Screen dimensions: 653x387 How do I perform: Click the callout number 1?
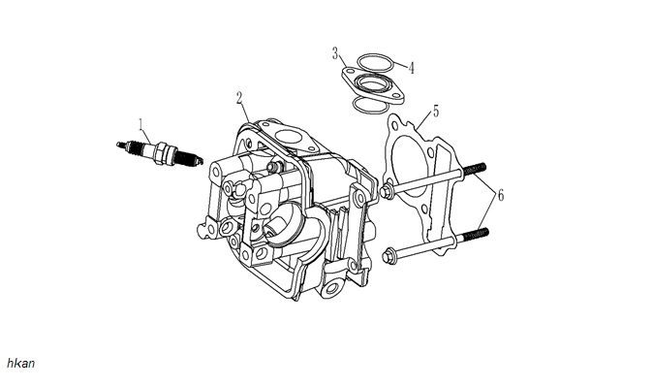[141, 124]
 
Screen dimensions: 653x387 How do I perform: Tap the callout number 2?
[239, 98]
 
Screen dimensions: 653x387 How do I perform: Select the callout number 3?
[335, 53]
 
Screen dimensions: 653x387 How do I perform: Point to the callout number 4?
[412, 68]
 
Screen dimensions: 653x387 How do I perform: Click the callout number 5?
[436, 112]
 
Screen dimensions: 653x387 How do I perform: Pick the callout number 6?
[501, 195]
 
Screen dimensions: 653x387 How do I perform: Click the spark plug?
[160, 153]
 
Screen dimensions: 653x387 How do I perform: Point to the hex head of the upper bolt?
[387, 192]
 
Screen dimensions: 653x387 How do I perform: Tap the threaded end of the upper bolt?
[474, 169]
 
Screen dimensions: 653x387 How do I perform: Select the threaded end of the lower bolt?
[477, 234]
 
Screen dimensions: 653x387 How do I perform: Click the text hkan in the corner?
[20, 363]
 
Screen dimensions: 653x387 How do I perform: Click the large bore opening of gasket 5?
[411, 167]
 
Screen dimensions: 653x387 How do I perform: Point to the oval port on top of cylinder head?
[289, 137]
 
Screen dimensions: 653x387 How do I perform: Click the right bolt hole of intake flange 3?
[393, 96]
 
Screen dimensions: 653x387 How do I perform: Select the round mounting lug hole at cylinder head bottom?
[333, 287]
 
